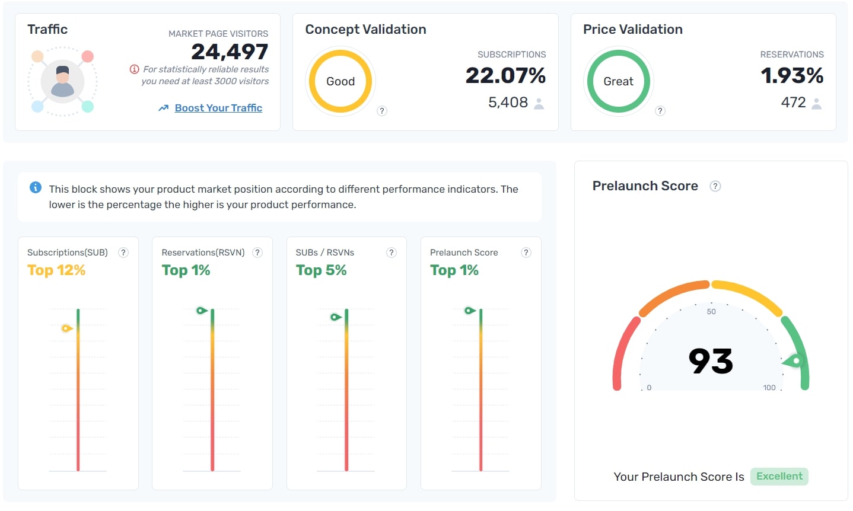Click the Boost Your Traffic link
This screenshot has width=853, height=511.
click(x=218, y=108)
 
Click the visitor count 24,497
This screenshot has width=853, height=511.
click(x=230, y=52)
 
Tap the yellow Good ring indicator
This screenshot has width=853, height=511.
click(x=340, y=81)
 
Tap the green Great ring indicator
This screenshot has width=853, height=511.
click(x=618, y=81)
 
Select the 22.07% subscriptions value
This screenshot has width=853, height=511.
click(x=505, y=76)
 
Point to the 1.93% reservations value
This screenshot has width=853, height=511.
click(x=792, y=76)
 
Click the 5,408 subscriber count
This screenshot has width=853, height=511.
click(x=508, y=103)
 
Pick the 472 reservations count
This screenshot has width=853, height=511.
click(x=793, y=103)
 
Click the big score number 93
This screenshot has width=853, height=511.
click(x=711, y=361)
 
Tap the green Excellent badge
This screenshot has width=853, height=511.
click(x=779, y=477)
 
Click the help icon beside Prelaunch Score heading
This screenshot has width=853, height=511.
click(x=715, y=186)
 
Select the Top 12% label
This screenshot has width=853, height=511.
click(x=56, y=270)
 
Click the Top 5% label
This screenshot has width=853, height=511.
click(x=321, y=270)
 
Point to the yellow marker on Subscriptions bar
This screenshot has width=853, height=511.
click(x=66, y=328)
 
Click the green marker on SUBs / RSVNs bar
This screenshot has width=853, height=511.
click(x=336, y=317)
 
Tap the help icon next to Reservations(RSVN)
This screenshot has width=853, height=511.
click(x=257, y=253)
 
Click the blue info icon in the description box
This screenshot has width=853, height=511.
click(x=36, y=188)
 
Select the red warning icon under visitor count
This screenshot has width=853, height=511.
click(x=135, y=69)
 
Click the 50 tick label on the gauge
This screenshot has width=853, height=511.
click(x=711, y=312)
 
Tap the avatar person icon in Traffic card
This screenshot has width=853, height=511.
click(x=62, y=81)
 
